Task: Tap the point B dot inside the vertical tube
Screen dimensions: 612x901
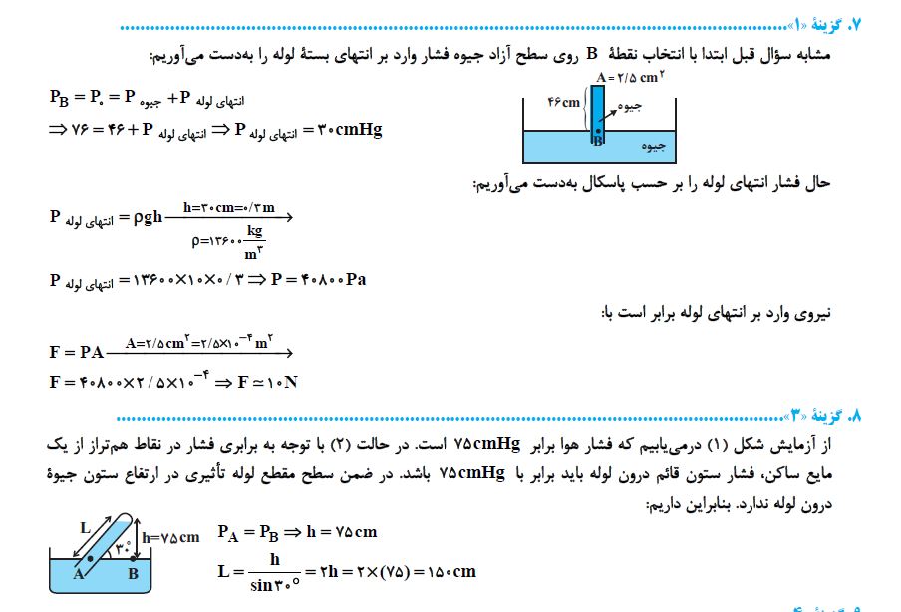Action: (598, 130)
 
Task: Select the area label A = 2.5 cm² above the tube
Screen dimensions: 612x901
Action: (630, 77)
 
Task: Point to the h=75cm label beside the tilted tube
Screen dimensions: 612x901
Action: (171, 536)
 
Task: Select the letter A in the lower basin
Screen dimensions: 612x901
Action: (77, 574)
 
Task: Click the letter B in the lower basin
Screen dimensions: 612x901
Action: (133, 573)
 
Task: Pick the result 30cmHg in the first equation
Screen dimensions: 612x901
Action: (350, 130)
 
